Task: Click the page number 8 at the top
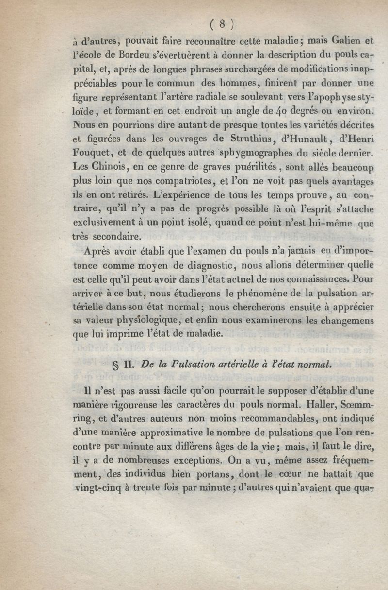pyautogui.click(x=221, y=24)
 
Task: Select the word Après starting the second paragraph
pyautogui.click(x=100, y=251)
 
